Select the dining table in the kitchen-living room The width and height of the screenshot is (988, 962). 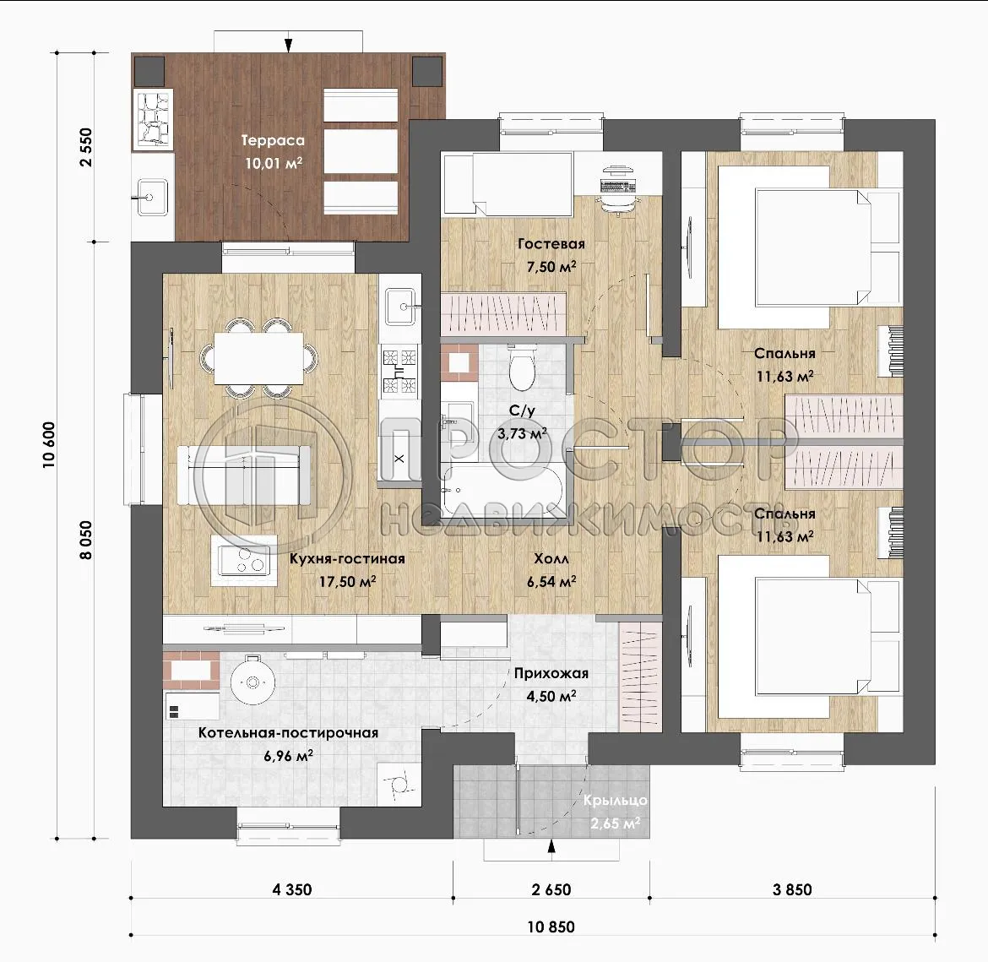pos(258,359)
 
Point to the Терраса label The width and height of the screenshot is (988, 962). pos(273,140)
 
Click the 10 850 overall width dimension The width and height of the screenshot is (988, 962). pos(551,927)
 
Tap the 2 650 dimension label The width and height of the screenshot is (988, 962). pos(551,889)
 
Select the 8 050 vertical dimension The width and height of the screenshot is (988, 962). pos(85,540)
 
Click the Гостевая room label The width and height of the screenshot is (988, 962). pos(551,244)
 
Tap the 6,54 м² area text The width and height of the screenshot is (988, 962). pos(551,581)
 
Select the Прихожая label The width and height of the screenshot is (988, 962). pos(551,673)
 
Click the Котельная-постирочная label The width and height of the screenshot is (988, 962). pos(289,732)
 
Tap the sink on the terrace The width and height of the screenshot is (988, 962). pos(150,198)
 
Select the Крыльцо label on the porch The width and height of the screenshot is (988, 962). pos(615,800)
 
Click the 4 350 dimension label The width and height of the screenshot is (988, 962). pos(291,889)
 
